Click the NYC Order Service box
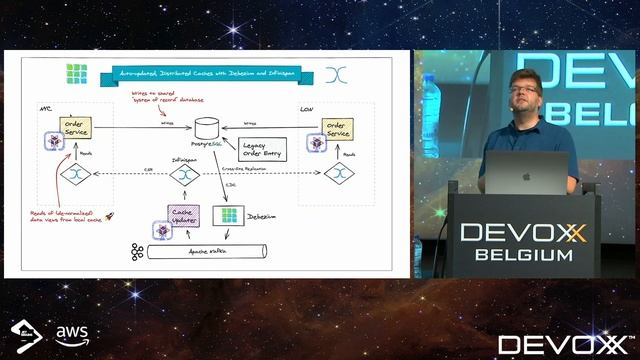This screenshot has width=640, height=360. [x=77, y=129]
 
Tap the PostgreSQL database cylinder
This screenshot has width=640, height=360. [x=207, y=128]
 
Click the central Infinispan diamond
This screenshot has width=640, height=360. [x=182, y=174]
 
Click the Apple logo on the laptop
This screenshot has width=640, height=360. [x=525, y=173]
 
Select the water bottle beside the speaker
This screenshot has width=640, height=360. [x=431, y=94]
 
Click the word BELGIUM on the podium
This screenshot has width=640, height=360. [x=523, y=255]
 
